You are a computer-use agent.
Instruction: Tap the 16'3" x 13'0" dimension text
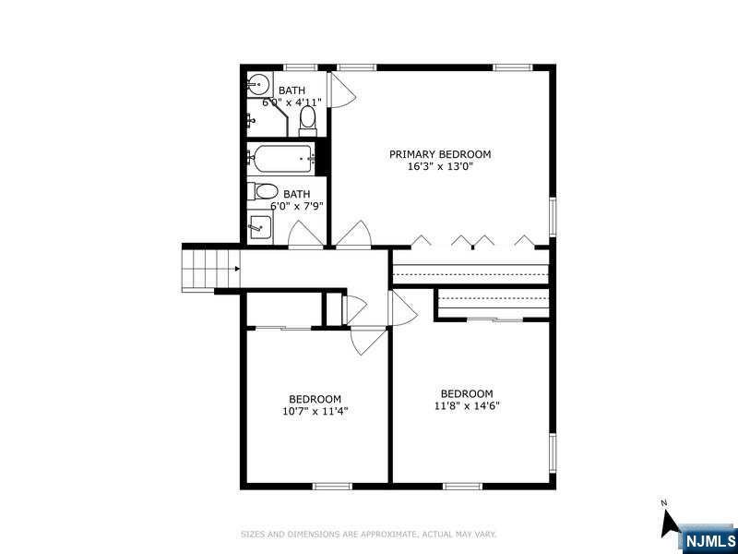pos(440,166)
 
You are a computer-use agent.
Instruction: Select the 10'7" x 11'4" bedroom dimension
pos(315,411)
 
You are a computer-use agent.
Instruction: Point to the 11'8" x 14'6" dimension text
pos(467,405)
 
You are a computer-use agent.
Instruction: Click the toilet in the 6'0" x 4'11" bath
pos(307,120)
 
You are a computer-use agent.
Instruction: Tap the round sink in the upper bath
pos(257,85)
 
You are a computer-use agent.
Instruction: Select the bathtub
pos(281,159)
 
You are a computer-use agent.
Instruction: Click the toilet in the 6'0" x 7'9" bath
pos(263,191)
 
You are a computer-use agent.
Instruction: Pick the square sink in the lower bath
pos(260,227)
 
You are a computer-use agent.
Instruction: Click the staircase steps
pos(211,269)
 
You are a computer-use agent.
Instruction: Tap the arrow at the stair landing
pos(237,269)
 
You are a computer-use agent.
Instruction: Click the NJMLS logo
pos(709,540)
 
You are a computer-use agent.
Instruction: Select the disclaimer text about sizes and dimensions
pos(368,535)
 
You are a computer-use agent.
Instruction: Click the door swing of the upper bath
pos(341,90)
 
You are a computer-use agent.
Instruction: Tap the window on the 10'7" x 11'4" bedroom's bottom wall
pos(332,487)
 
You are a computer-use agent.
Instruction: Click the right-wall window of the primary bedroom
pos(553,216)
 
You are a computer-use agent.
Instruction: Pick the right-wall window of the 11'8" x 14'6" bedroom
pos(553,452)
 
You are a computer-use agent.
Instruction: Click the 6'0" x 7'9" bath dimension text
pos(297,206)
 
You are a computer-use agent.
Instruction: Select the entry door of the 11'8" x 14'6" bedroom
pos(402,308)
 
